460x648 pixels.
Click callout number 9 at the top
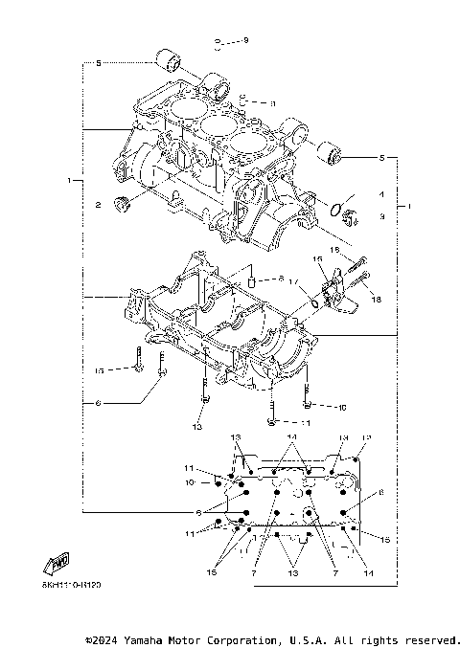point(245,40)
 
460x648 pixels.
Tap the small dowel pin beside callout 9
point(220,43)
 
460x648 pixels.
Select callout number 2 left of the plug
point(98,205)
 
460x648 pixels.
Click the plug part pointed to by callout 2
point(121,201)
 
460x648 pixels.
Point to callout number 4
point(381,194)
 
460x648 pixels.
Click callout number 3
point(381,217)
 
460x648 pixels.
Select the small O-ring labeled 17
point(313,303)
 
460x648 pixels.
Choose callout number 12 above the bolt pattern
point(365,436)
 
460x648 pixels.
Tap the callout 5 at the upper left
point(98,63)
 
